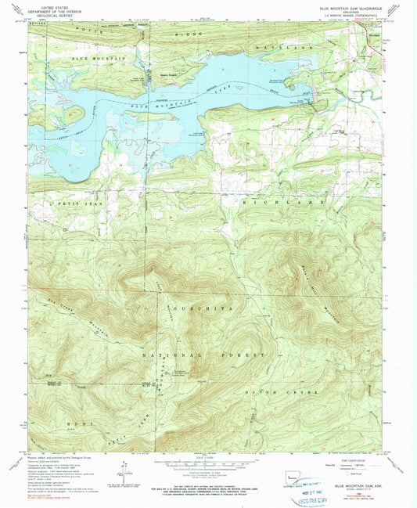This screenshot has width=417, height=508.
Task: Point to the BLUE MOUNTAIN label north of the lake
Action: (98, 59)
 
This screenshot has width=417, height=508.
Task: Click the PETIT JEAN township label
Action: (78, 202)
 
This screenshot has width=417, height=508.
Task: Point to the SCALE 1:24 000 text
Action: (207, 457)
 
